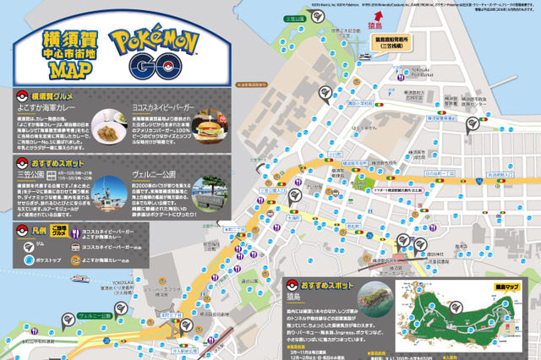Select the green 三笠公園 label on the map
(295, 18)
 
